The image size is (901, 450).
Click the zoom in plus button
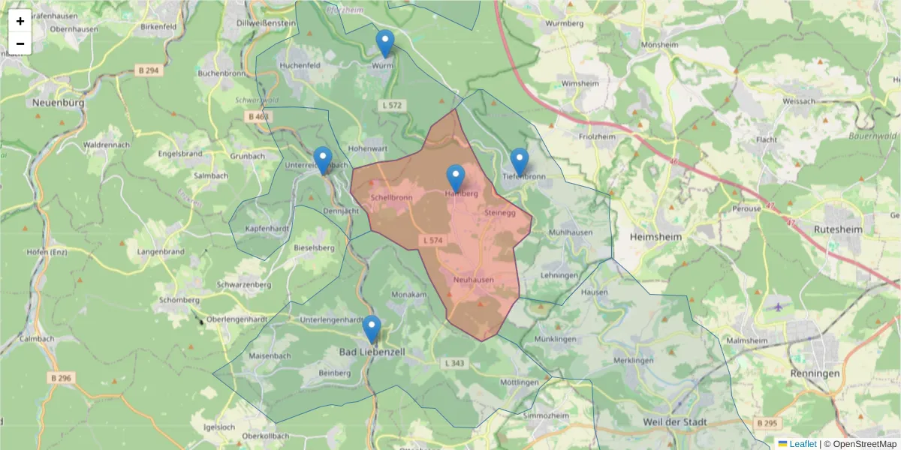pyautogui.click(x=20, y=21)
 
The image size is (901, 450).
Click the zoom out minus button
pyautogui.click(x=20, y=43)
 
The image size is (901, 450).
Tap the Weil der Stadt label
pyautogui.click(x=675, y=422)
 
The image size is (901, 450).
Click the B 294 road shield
pyautogui.click(x=149, y=70)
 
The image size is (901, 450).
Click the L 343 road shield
pyautogui.click(x=454, y=363)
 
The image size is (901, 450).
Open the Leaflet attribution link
pyautogui.click(x=803, y=444)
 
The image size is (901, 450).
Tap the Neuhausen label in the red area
pyautogui.click(x=474, y=280)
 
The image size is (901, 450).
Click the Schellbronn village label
pyautogui.click(x=391, y=198)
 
